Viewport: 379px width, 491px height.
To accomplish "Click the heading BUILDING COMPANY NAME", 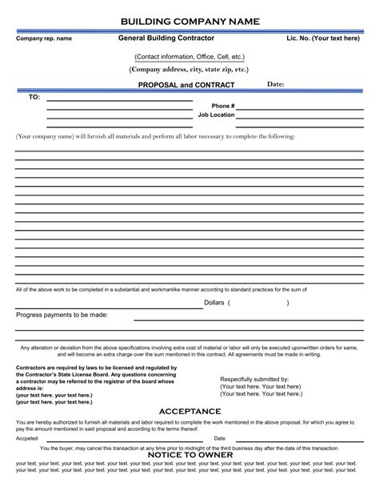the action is pyautogui.click(x=189, y=20).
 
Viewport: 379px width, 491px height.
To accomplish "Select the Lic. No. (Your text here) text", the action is pyautogui.click(x=324, y=38).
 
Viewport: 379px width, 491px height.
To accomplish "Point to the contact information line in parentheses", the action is pyautogui.click(x=189, y=57).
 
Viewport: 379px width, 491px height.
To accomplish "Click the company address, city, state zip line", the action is pyautogui.click(x=189, y=70).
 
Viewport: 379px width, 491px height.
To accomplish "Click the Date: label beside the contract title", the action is pyautogui.click(x=275, y=83).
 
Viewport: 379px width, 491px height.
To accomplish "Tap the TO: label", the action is pyautogui.click(x=34, y=96).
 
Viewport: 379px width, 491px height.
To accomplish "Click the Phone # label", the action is pyautogui.click(x=223, y=106).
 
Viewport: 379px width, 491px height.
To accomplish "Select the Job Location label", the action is pyautogui.click(x=217, y=115).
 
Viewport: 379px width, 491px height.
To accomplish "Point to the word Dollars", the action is pyautogui.click(x=213, y=304).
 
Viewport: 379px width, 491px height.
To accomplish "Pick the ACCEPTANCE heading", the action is pyautogui.click(x=189, y=410).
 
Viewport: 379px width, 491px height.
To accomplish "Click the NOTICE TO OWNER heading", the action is pyautogui.click(x=189, y=454).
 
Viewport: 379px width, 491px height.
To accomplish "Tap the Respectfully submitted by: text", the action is pyautogui.click(x=254, y=378).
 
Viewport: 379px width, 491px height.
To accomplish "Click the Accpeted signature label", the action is pyautogui.click(x=26, y=438).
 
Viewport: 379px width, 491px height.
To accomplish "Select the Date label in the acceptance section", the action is pyautogui.click(x=219, y=438).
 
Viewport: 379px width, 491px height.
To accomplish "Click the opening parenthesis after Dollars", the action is pyautogui.click(x=229, y=304).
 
